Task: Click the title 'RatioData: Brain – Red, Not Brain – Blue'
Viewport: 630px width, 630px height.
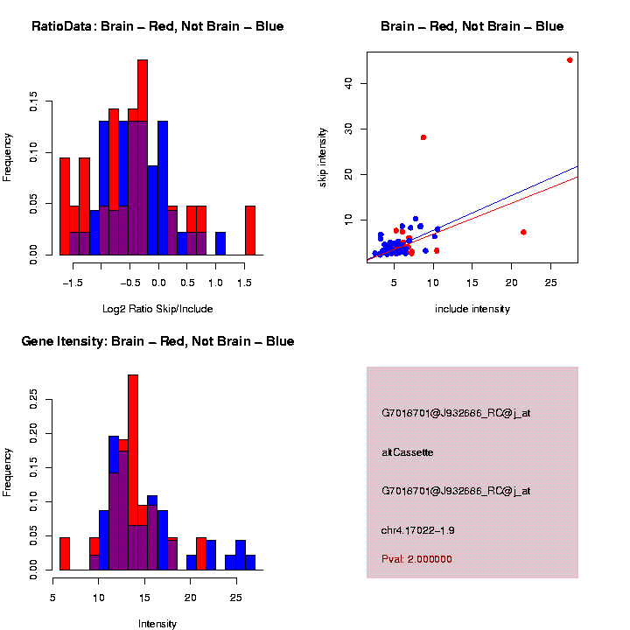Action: click(157, 26)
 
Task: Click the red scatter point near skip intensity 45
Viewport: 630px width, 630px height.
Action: click(570, 60)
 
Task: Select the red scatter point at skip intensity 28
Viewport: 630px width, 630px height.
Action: click(423, 137)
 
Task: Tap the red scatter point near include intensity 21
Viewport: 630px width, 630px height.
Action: click(523, 232)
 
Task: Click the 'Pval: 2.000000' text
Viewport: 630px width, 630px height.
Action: click(416, 559)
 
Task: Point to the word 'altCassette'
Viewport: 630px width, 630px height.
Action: click(408, 452)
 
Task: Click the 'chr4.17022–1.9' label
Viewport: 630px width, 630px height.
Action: click(418, 530)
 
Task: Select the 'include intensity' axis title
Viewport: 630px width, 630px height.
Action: click(472, 309)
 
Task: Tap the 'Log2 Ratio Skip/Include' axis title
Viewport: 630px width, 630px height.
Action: click(157, 309)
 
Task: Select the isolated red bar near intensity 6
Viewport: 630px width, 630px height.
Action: click(64, 553)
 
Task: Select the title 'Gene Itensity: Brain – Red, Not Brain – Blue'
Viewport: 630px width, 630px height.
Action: click(157, 341)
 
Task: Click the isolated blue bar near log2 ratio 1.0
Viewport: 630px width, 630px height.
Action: click(220, 243)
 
